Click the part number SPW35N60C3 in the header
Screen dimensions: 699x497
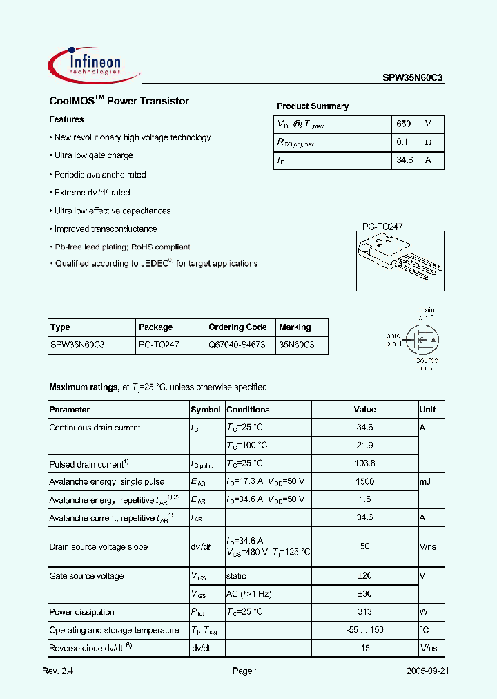(x=413, y=79)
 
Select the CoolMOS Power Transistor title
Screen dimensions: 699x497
(x=119, y=101)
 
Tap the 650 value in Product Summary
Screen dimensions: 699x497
(x=404, y=124)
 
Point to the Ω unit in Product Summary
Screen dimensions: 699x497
(x=428, y=142)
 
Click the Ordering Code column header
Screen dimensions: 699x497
(x=237, y=327)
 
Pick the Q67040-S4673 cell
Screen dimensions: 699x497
(x=237, y=344)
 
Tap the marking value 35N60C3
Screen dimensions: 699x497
(x=296, y=344)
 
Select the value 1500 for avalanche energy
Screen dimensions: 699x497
(x=365, y=481)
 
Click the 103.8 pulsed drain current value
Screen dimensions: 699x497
(x=365, y=463)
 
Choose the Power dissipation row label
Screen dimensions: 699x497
(x=81, y=612)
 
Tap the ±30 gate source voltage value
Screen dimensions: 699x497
(x=365, y=594)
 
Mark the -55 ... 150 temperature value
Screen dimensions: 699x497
(x=365, y=630)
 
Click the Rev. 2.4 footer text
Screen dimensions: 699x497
(x=58, y=671)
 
